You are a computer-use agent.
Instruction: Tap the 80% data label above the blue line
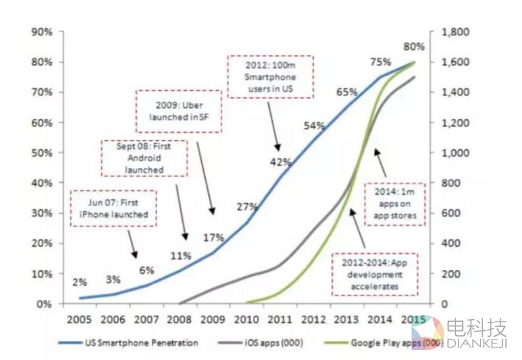click(414, 47)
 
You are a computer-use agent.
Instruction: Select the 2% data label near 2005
click(80, 282)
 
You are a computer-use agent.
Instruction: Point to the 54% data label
click(313, 126)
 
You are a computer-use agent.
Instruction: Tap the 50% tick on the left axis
click(43, 153)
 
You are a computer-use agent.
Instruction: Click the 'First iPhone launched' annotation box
click(113, 209)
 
